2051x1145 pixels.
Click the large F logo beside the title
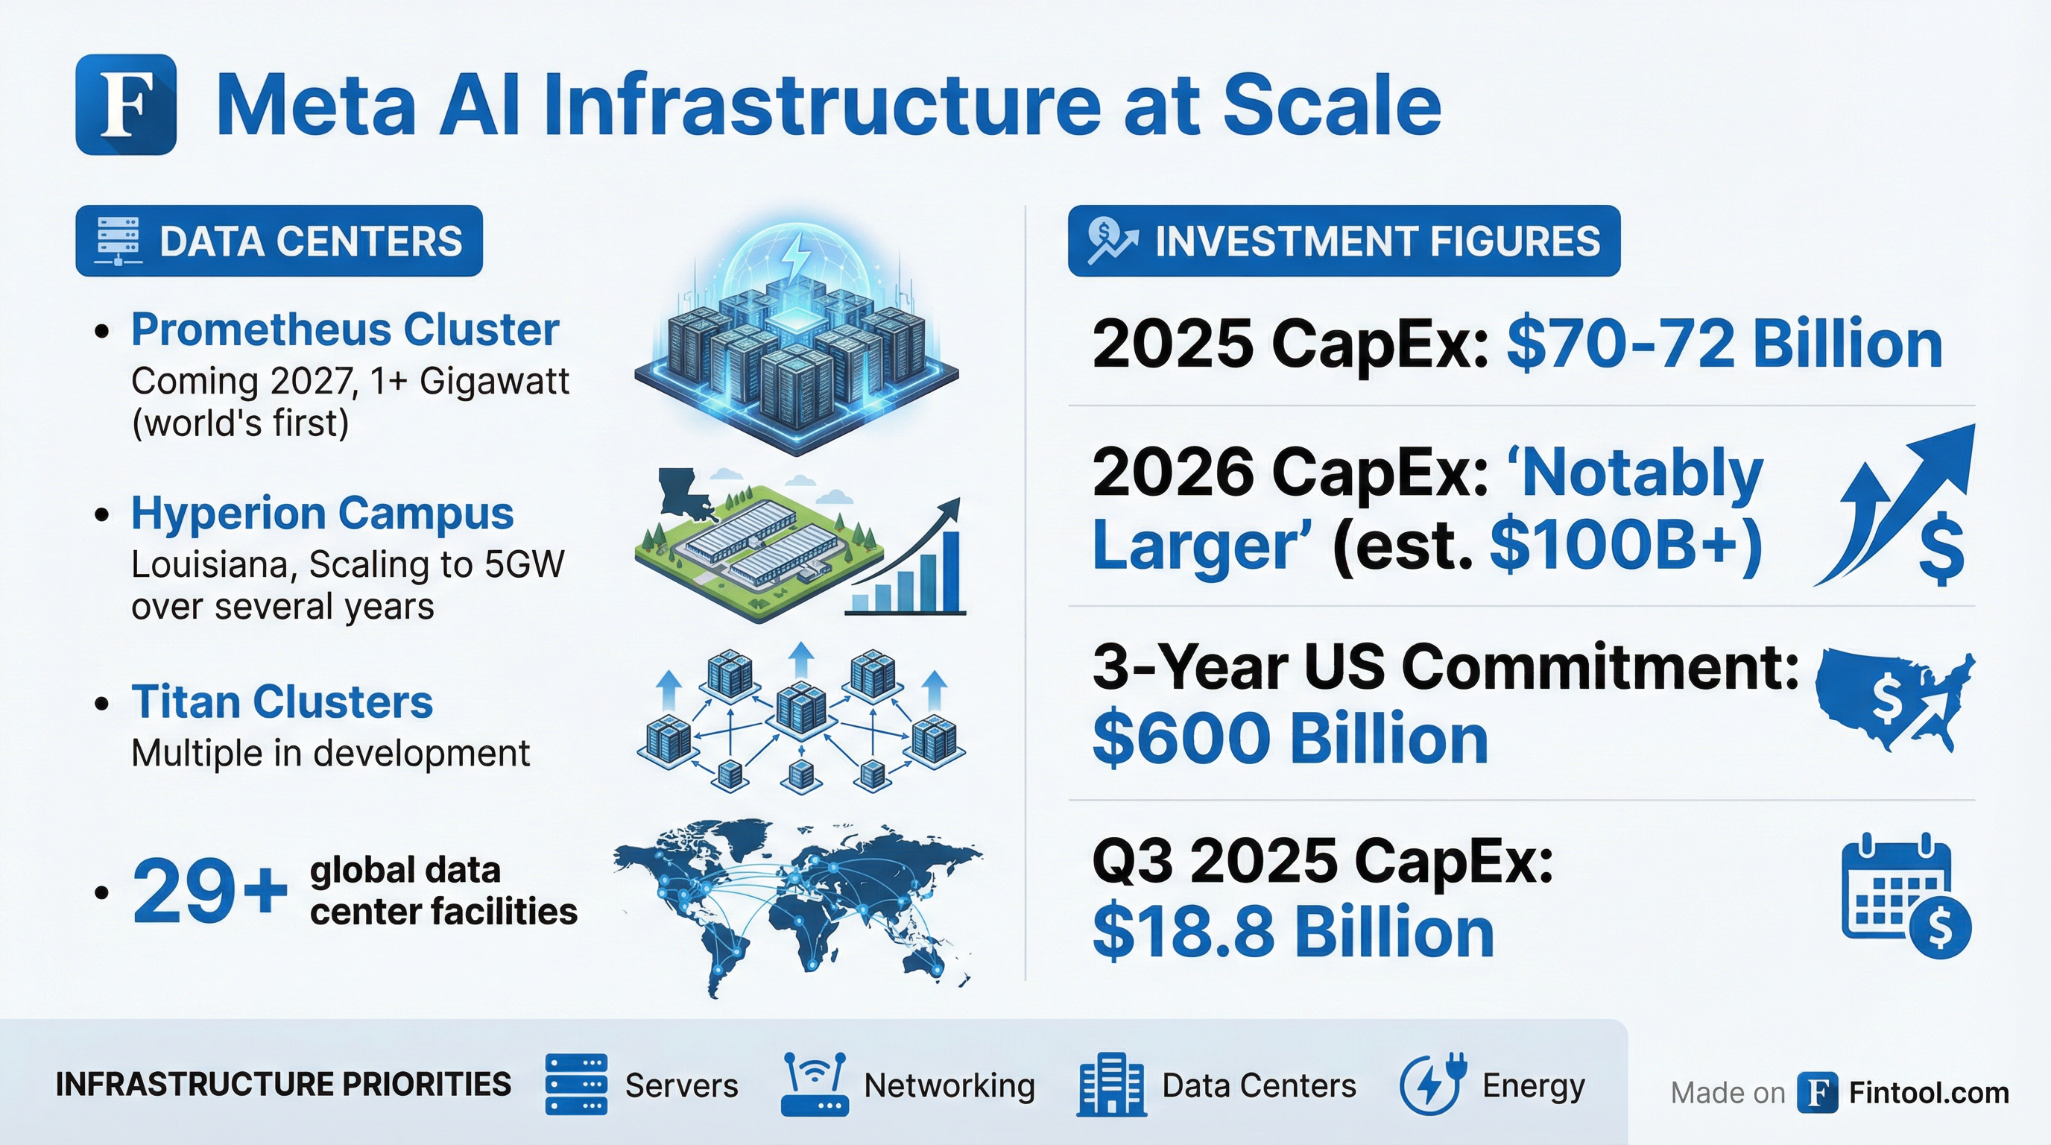tap(126, 104)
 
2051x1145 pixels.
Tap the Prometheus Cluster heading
tap(345, 329)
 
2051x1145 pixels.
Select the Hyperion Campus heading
tap(323, 514)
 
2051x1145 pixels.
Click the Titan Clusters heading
tap(282, 702)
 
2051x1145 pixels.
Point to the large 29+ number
tap(209, 891)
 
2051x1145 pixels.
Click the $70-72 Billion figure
tap(1725, 344)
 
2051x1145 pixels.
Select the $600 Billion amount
tap(1290, 739)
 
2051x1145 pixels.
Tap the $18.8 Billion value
tap(1293, 933)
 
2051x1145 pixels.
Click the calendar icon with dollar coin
tap(1906, 896)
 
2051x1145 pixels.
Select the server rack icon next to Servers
tap(576, 1084)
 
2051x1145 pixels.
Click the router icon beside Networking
tap(814, 1084)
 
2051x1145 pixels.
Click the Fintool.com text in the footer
tap(1928, 1094)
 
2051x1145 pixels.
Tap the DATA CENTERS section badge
tap(279, 242)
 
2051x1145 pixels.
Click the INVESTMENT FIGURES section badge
tap(1344, 242)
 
